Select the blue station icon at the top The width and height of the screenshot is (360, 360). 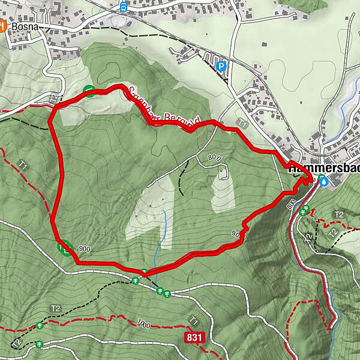coord(124,7)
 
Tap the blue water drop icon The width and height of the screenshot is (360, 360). coord(324,180)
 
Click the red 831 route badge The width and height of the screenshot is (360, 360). coord(194,338)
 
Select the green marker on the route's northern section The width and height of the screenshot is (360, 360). coord(89,91)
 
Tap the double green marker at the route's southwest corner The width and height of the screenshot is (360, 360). coord(64,246)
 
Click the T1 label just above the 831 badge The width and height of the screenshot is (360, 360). coord(193,320)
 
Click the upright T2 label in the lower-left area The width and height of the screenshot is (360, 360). coord(56,308)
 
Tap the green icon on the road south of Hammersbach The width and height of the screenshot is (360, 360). coord(305,209)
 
